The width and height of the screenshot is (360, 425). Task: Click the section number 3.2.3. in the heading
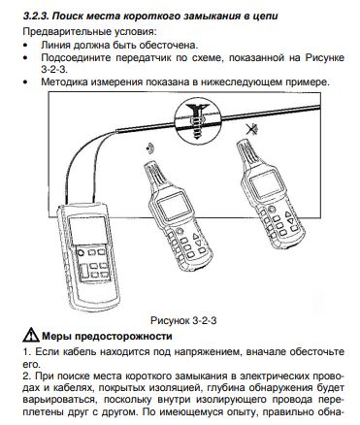[x=36, y=16]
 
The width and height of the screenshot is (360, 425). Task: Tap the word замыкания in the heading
[x=212, y=16]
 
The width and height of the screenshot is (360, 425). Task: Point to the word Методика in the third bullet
[x=64, y=82]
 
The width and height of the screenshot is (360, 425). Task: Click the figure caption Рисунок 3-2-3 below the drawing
[x=183, y=320]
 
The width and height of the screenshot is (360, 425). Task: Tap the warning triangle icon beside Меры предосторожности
[x=31, y=335]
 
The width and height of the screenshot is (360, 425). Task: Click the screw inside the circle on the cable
[x=197, y=120]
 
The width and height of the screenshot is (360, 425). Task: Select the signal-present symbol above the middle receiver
[x=149, y=148]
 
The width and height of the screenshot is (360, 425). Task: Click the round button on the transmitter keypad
[x=81, y=252]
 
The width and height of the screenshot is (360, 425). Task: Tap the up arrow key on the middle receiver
[x=196, y=237]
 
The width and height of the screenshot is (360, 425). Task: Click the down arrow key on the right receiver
[x=290, y=221]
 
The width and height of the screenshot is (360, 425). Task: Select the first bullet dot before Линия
[x=25, y=45]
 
